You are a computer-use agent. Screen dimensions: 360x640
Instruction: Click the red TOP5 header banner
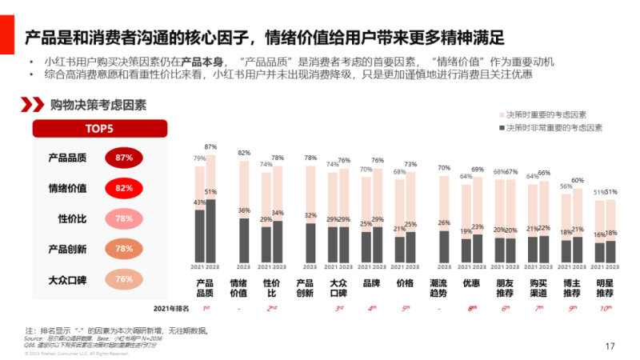click(99, 129)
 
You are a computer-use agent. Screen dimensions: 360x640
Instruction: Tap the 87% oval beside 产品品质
click(123, 158)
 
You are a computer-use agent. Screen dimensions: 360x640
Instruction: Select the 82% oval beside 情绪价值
click(123, 188)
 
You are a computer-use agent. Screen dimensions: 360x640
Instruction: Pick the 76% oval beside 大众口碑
click(123, 279)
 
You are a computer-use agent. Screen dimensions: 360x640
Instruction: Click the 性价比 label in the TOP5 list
click(72, 218)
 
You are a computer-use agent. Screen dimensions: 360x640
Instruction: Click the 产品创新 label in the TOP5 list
click(67, 249)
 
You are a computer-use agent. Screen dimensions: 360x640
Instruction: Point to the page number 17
click(610, 346)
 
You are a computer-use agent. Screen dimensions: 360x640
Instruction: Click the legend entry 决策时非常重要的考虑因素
click(554, 128)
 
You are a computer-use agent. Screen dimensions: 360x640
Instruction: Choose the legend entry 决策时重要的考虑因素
click(550, 114)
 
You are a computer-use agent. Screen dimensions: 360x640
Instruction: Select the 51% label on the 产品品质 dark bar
click(211, 192)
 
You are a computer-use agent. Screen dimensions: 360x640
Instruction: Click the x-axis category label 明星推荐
click(605, 288)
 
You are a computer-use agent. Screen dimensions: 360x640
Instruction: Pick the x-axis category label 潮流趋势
click(438, 288)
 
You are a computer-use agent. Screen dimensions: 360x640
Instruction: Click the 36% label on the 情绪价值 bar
click(245, 210)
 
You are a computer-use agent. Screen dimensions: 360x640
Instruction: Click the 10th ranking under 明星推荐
click(605, 308)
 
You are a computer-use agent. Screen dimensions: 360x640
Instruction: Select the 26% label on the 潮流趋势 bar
click(444, 223)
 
